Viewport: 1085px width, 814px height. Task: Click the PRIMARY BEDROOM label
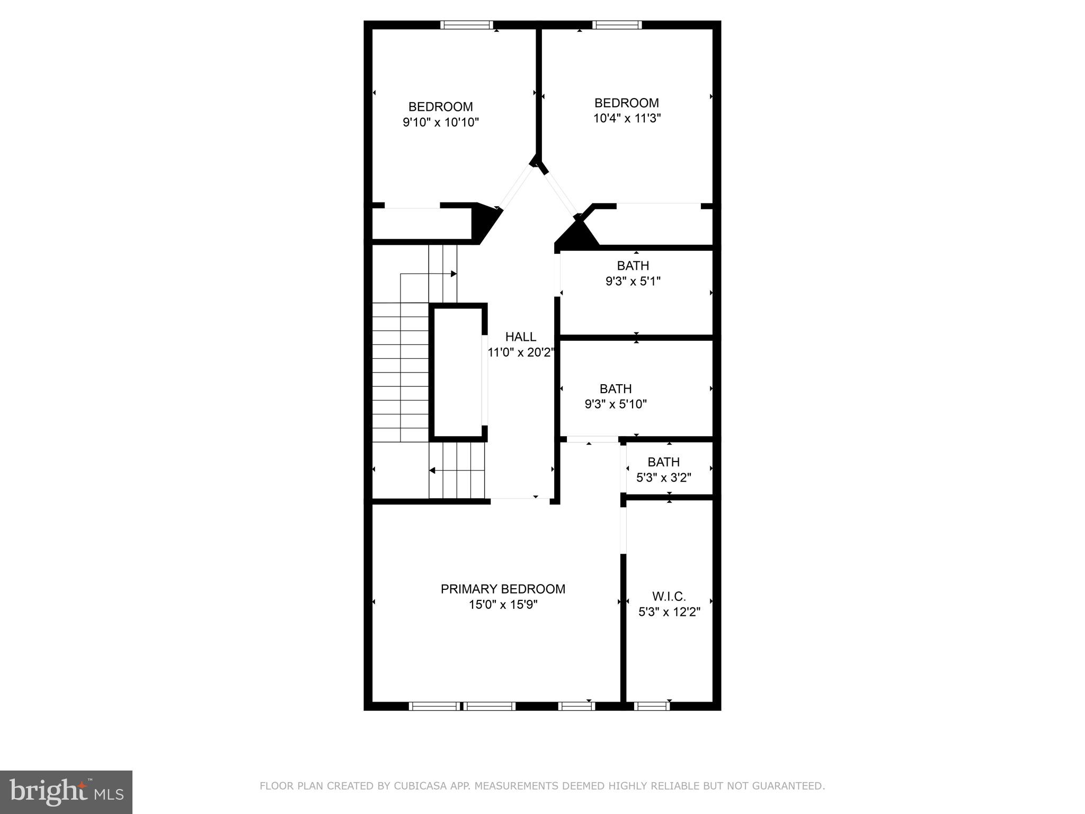[503, 589]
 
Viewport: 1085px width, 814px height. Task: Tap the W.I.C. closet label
[669, 597]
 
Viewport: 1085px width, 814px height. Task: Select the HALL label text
[520, 337]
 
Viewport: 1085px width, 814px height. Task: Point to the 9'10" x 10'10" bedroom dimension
[441, 122]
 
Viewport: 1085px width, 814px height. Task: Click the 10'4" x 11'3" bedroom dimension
[627, 118]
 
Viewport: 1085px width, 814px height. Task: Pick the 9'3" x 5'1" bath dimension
[633, 281]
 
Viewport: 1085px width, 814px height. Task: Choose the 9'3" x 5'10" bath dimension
[616, 404]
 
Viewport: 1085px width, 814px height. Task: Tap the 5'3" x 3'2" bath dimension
[663, 477]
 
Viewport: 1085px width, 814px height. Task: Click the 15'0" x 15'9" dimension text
[503, 605]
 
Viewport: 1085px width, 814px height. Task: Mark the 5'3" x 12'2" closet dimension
[669, 613]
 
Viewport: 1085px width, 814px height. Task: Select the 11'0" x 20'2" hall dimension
[521, 352]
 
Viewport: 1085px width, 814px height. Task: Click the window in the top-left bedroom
[467, 24]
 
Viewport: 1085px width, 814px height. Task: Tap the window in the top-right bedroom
[617, 24]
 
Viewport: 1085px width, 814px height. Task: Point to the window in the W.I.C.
[652, 706]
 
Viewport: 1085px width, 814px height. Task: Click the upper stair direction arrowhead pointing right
[453, 274]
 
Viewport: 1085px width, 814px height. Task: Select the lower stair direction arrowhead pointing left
[432, 470]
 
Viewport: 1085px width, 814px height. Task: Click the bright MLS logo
[66, 792]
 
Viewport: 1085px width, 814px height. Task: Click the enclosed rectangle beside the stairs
[458, 372]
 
